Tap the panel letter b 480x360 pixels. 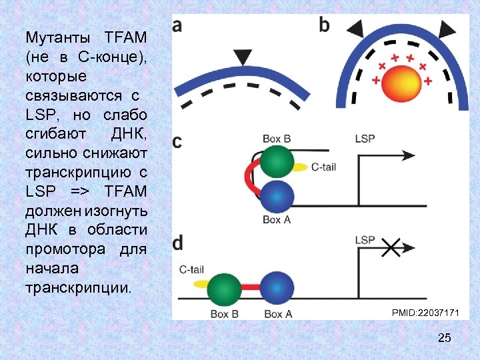325,25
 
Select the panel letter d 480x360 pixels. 178,243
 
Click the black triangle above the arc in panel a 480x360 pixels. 245,55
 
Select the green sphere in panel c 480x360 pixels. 277,163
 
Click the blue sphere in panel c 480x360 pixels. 276,197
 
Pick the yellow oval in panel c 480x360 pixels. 301,167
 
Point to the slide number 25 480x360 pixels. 444,339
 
